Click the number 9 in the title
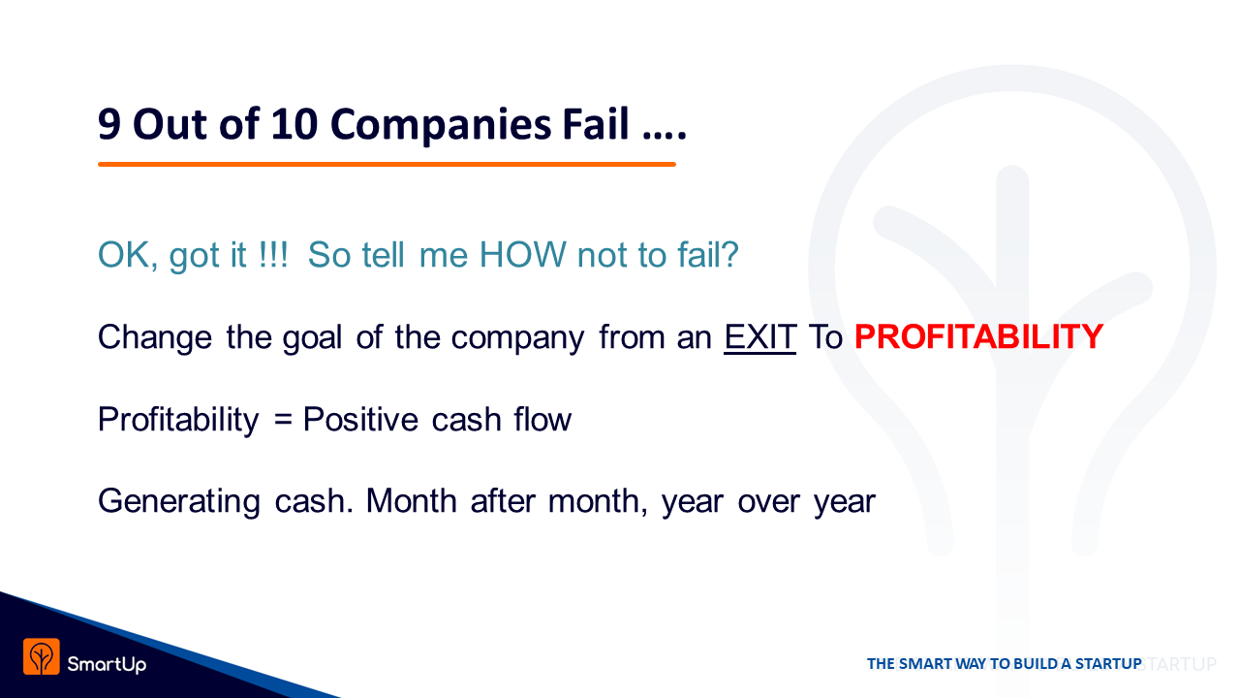click(x=109, y=123)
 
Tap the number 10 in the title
click(x=294, y=123)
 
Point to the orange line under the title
click(x=387, y=164)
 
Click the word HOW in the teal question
click(x=522, y=255)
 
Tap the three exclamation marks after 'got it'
click(x=273, y=255)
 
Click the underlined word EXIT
click(x=760, y=336)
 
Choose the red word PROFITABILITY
click(x=978, y=336)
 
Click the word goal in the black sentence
click(x=312, y=338)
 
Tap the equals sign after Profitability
click(x=283, y=420)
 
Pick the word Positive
click(x=360, y=420)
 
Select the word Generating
click(x=179, y=502)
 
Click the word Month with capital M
click(x=412, y=501)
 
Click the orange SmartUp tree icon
click(x=42, y=656)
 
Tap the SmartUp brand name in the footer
click(x=107, y=664)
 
